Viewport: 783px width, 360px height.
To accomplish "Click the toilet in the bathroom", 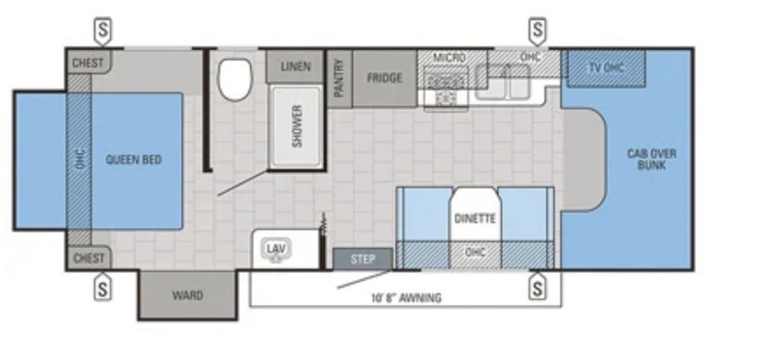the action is pyautogui.click(x=235, y=79).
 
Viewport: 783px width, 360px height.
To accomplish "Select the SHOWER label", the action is pyautogui.click(x=297, y=126).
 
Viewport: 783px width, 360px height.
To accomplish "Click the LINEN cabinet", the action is pyautogui.click(x=295, y=66).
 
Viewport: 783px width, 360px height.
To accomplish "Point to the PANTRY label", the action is pyautogui.click(x=340, y=78).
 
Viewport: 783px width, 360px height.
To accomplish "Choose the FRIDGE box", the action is pyautogui.click(x=385, y=79).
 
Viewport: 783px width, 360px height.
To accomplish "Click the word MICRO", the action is pyautogui.click(x=450, y=57).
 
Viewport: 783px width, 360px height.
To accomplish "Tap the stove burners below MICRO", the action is pyautogui.click(x=446, y=89).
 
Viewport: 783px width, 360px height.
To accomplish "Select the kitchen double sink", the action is pyautogui.click(x=502, y=83).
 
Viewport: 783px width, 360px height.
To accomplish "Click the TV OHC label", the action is pyautogui.click(x=606, y=67).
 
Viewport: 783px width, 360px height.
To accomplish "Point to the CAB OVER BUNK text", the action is pyautogui.click(x=651, y=159).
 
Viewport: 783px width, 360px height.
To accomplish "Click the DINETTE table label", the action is pyautogui.click(x=475, y=219).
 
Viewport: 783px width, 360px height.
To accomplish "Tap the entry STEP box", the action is pyautogui.click(x=363, y=259).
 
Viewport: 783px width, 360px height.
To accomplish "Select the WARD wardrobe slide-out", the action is pyautogui.click(x=188, y=295).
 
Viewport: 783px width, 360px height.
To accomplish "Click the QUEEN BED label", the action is pyautogui.click(x=134, y=160).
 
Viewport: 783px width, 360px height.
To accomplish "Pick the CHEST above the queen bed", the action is pyautogui.click(x=89, y=62).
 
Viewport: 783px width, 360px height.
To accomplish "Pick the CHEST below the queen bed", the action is pyautogui.click(x=89, y=258).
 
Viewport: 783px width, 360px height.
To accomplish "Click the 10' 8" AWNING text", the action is pyautogui.click(x=406, y=298).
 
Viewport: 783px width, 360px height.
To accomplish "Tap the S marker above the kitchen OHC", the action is pyautogui.click(x=538, y=31).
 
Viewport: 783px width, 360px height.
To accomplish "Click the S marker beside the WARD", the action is pyautogui.click(x=102, y=287).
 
